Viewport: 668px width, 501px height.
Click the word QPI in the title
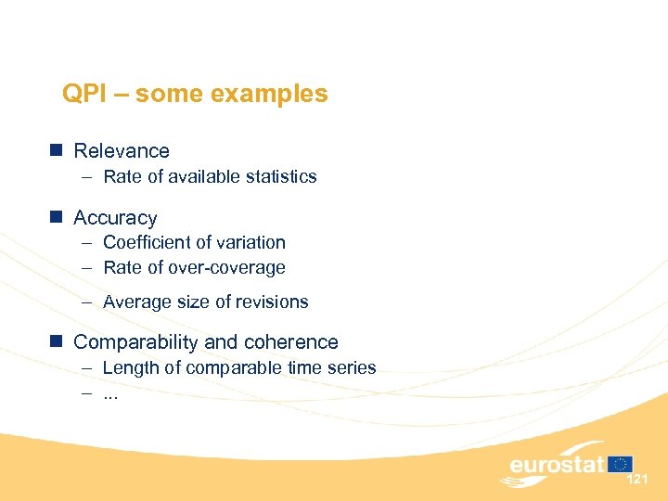coord(82,95)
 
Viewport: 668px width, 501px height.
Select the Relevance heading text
coord(122,151)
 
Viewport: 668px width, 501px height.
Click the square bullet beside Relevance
coord(57,150)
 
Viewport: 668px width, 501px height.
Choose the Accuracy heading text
coord(115,218)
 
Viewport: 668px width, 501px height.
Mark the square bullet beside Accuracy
coord(57,217)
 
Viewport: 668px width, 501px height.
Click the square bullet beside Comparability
coord(57,341)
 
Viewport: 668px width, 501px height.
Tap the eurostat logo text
coord(556,464)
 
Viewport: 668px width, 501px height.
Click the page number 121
coord(637,480)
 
